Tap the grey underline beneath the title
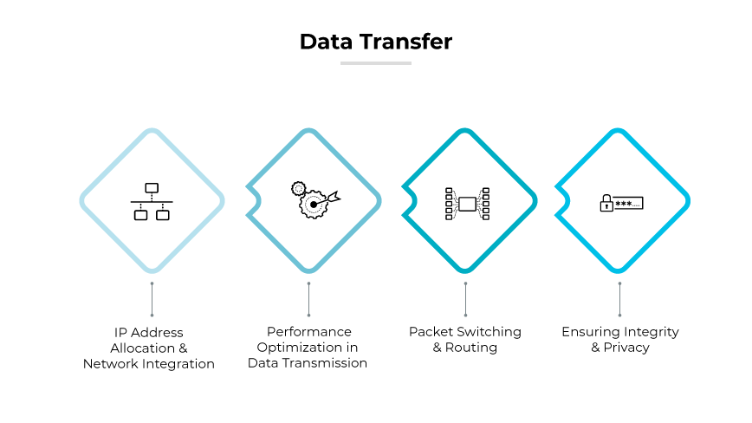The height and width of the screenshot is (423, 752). tap(376, 62)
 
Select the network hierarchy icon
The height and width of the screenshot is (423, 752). tap(152, 201)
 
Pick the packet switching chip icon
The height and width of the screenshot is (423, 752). tap(467, 203)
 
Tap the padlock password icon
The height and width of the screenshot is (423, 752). tap(621, 204)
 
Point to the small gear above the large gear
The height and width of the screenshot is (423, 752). tap(298, 187)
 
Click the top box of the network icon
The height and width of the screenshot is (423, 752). tap(152, 187)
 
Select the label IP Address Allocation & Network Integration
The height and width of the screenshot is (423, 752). tap(149, 348)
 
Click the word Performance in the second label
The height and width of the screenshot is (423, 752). tap(308, 332)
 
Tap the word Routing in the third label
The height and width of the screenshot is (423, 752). tap(471, 348)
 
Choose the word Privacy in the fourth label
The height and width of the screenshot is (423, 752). tap(627, 348)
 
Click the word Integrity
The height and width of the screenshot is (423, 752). tap(651, 332)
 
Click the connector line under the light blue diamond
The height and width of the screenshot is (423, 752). tap(152, 299)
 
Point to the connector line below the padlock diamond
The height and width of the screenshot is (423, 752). tap(619, 299)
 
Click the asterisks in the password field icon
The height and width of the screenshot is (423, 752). tap(623, 204)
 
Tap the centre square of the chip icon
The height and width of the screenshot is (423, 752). tap(467, 204)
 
